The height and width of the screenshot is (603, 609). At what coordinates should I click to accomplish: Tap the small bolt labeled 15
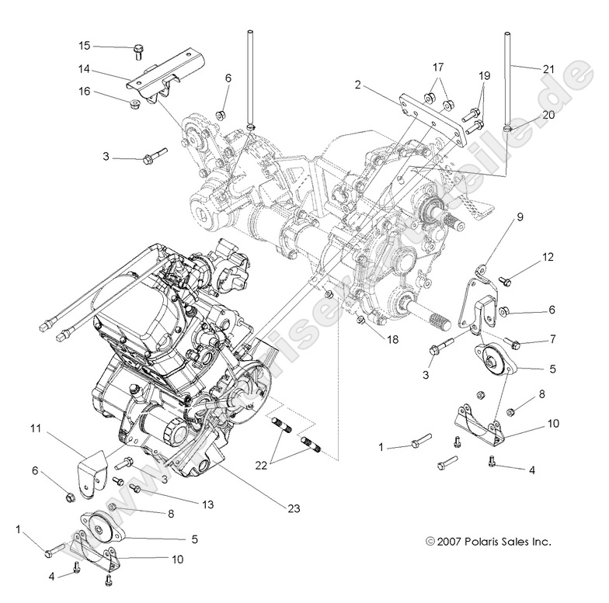click(138, 51)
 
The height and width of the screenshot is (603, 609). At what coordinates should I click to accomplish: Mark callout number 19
click(484, 76)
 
